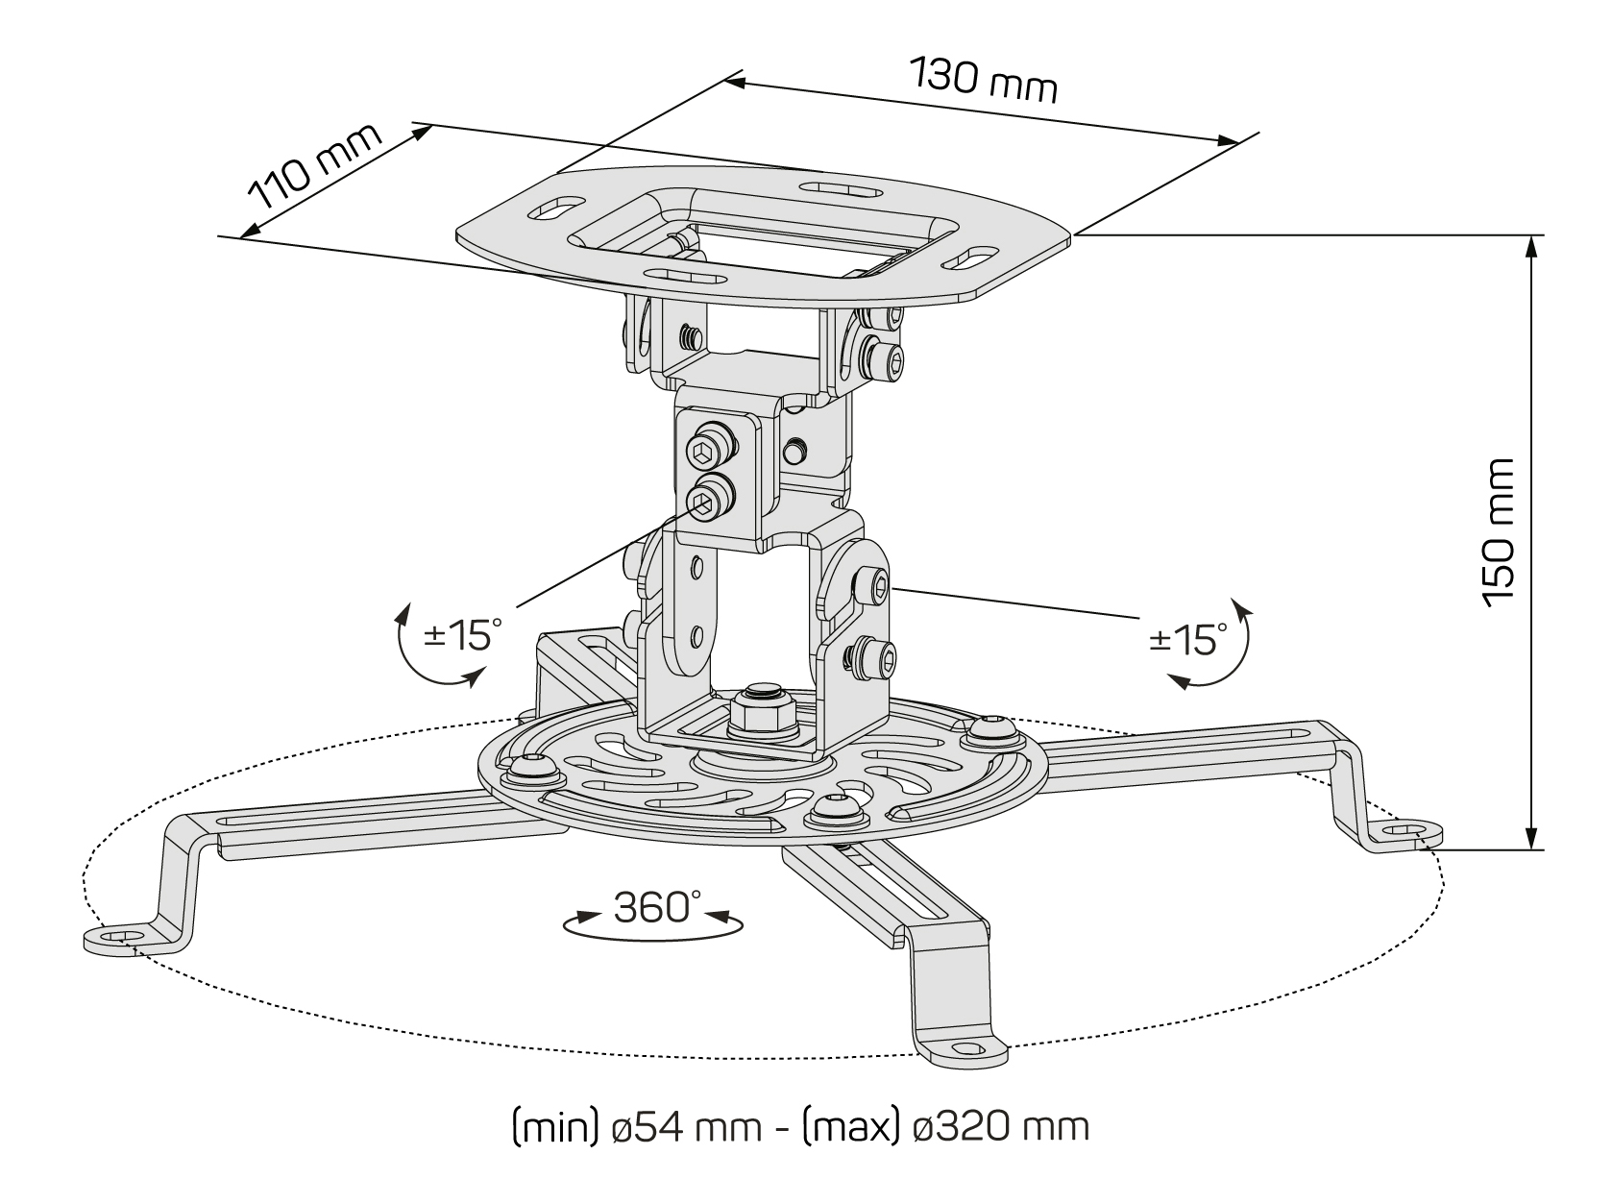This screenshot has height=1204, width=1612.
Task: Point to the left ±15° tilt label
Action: click(x=463, y=635)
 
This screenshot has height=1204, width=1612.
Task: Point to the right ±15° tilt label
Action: click(x=1187, y=638)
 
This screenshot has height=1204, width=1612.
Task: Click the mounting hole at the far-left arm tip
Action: click(x=117, y=935)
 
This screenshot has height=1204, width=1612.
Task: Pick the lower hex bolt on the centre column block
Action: click(x=705, y=498)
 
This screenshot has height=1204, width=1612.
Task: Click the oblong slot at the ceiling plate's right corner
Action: click(x=972, y=258)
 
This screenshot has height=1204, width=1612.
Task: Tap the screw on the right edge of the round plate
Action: click(x=989, y=732)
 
